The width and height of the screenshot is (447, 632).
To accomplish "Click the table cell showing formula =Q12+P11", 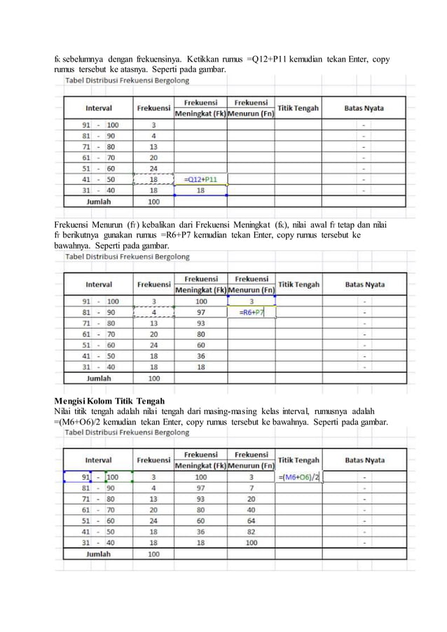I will click(200, 179).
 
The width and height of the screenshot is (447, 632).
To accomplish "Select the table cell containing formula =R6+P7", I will click(251, 312).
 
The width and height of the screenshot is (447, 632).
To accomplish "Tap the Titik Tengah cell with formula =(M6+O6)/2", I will click(298, 477).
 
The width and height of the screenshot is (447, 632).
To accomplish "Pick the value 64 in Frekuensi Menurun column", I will click(251, 521).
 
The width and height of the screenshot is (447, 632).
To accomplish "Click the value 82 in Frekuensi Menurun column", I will click(251, 533).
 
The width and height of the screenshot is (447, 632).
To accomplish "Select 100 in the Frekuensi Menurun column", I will click(251, 543).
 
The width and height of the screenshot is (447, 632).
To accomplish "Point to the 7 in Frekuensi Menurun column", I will click(251, 488).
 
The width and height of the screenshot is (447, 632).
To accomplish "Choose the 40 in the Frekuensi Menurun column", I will click(251, 510).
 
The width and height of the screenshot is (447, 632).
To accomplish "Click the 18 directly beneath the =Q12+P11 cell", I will click(200, 190).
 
